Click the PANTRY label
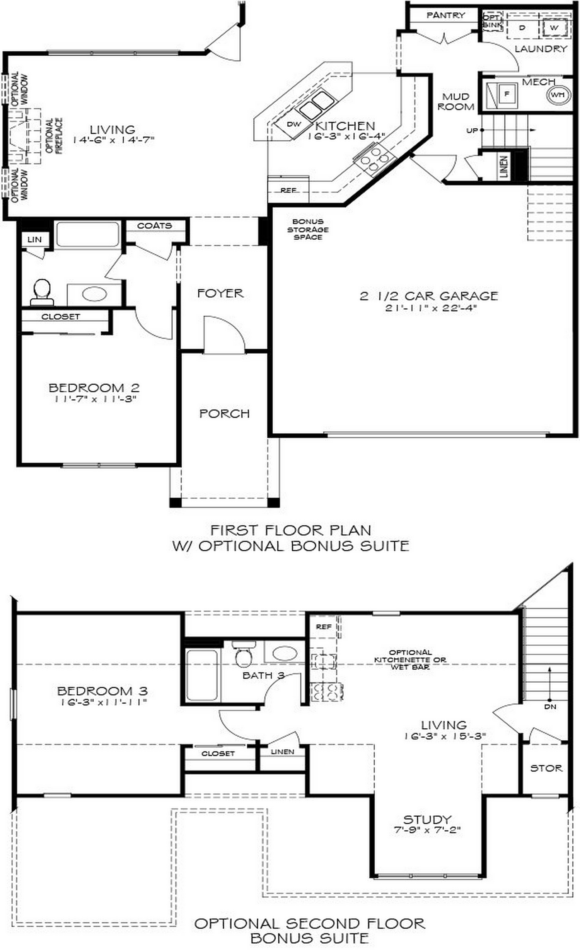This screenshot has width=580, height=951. click(x=445, y=15)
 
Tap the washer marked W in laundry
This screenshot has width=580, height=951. click(x=554, y=27)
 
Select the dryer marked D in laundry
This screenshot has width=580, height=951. click(x=522, y=27)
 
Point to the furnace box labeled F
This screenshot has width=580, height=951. click(x=507, y=94)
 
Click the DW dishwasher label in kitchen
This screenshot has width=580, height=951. click(x=294, y=124)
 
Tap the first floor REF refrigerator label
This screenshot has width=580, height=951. click(x=288, y=190)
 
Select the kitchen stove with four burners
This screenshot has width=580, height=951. click(x=375, y=159)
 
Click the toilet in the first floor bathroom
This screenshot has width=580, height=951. click(x=42, y=292)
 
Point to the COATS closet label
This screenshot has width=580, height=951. click(x=154, y=225)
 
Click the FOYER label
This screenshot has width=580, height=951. click(x=220, y=293)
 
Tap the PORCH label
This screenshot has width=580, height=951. click(x=224, y=414)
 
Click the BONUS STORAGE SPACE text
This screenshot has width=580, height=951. click(x=308, y=229)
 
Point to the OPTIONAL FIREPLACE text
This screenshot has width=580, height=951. click(x=55, y=136)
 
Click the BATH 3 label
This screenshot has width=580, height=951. click(x=263, y=675)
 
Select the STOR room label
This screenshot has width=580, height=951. click(x=546, y=768)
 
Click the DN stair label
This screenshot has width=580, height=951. click(x=550, y=707)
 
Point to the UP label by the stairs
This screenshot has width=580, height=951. click(x=472, y=130)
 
